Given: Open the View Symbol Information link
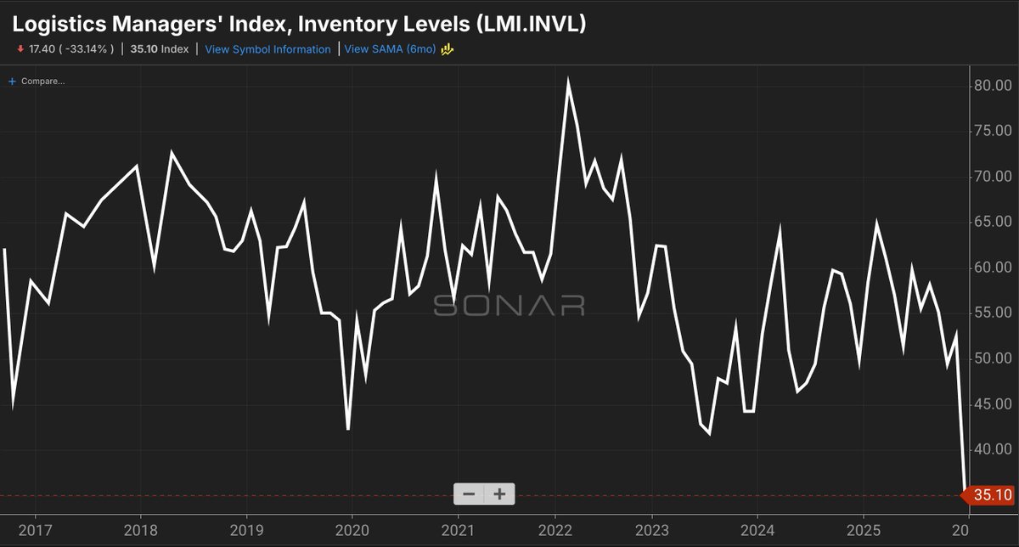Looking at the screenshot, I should [x=267, y=49].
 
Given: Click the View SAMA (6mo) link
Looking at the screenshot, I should [x=390, y=49].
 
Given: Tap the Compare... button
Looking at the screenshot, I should [x=37, y=82].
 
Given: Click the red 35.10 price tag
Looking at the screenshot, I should [x=991, y=495].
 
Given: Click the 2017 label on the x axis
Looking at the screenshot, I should [x=35, y=531].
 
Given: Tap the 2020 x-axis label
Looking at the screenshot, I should [x=352, y=531].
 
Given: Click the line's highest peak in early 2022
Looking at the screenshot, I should [x=567, y=80].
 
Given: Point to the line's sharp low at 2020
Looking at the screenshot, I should [x=348, y=429].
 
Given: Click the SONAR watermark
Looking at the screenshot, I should [x=509, y=305].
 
